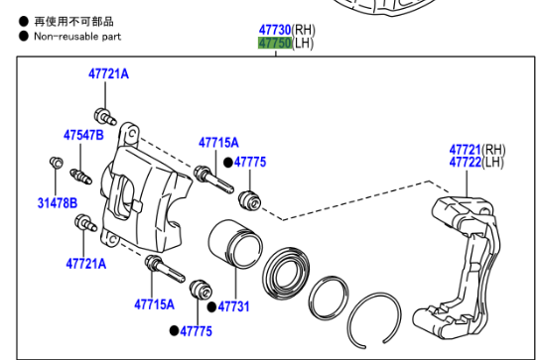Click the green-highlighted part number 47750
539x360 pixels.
click(x=275, y=44)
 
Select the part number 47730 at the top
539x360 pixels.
click(x=275, y=30)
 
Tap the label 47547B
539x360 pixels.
click(x=83, y=135)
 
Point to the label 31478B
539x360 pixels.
click(x=58, y=203)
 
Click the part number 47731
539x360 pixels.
click(x=233, y=306)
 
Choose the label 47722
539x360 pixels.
click(x=466, y=162)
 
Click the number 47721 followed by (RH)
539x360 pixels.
click(x=466, y=150)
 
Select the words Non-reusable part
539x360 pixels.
click(x=77, y=37)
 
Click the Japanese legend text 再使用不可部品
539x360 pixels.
click(x=73, y=21)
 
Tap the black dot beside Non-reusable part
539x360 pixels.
click(x=24, y=36)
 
